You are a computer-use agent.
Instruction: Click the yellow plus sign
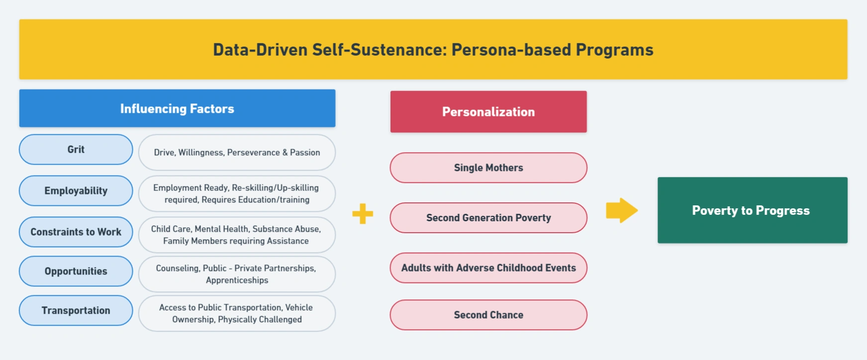(363, 214)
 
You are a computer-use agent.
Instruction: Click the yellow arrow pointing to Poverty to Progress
(622, 210)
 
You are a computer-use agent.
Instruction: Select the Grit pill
(76, 149)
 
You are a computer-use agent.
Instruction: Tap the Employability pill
(76, 190)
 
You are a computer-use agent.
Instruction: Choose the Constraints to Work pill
(76, 232)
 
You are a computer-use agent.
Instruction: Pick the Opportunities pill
(76, 271)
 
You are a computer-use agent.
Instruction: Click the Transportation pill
(76, 310)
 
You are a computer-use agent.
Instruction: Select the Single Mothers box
(488, 168)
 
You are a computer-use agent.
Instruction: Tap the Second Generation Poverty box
(488, 218)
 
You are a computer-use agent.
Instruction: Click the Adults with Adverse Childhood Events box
(488, 268)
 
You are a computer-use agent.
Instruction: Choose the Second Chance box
(488, 315)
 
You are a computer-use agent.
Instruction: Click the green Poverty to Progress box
(753, 210)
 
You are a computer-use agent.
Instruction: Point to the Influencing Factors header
(177, 108)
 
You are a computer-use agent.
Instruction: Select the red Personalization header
(488, 112)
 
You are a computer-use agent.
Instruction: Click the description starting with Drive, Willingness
(237, 153)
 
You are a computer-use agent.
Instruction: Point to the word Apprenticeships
(237, 280)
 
